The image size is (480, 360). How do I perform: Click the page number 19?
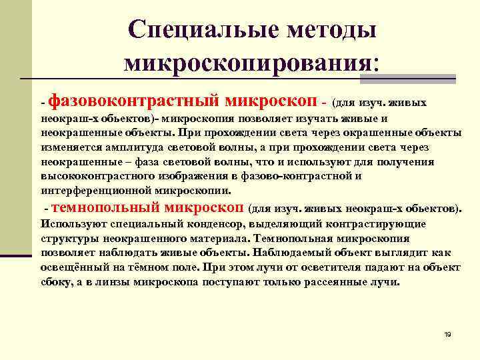click(x=447, y=334)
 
